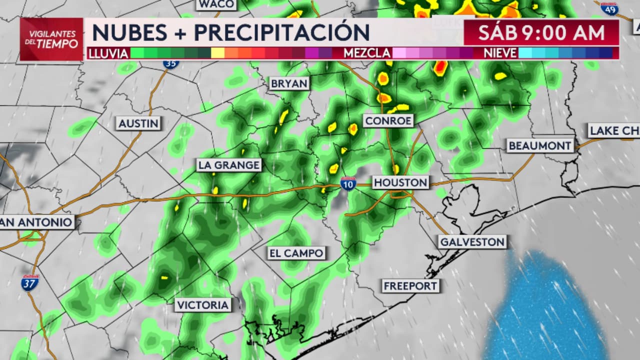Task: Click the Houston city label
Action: click(x=400, y=182)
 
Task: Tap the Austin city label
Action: click(x=138, y=123)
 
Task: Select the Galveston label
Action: click(x=472, y=242)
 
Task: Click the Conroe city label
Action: click(x=388, y=120)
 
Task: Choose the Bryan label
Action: click(x=289, y=83)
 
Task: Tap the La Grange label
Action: click(x=229, y=165)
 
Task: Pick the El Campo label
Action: click(x=296, y=253)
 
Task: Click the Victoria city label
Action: click(x=202, y=305)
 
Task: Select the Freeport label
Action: click(x=410, y=286)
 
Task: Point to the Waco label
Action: click(x=216, y=4)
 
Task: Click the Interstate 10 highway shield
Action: click(x=348, y=183)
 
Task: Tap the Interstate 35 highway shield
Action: click(x=170, y=63)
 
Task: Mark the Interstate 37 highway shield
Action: click(x=30, y=283)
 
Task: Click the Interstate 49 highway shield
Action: click(x=609, y=8)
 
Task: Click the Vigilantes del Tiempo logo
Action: click(x=52, y=39)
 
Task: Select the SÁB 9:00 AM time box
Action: click(x=541, y=32)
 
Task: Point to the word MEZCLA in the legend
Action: click(x=367, y=53)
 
